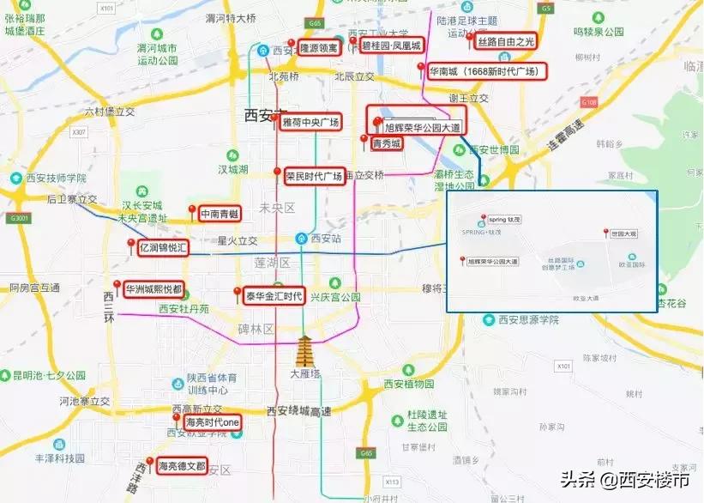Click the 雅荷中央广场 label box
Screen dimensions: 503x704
point(311,122)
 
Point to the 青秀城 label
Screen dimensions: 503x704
point(386,144)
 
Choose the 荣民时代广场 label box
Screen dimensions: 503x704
point(314,177)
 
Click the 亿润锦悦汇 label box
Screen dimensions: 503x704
point(163,247)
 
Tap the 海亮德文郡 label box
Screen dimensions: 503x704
point(183,466)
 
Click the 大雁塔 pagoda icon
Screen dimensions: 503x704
point(304,353)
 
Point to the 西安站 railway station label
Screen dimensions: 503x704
point(326,238)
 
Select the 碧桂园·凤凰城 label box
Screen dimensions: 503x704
point(391,45)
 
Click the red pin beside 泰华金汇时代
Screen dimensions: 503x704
point(238,293)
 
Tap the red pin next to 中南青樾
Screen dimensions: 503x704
point(191,209)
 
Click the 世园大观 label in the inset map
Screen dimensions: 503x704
point(623,233)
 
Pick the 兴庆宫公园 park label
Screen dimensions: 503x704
point(332,296)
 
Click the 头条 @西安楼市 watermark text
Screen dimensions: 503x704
point(626,480)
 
